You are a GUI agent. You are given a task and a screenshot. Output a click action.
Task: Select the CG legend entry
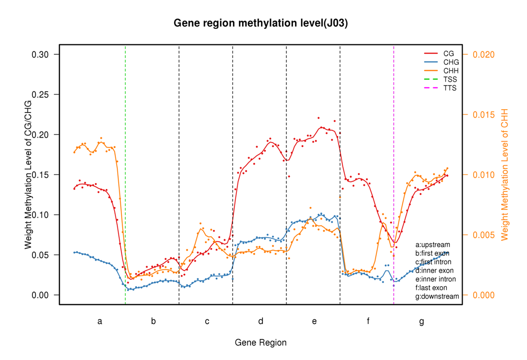tap(448, 53)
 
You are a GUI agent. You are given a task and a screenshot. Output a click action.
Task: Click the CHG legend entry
tap(450, 62)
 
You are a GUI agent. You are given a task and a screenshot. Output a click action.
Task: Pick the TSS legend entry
tap(450, 79)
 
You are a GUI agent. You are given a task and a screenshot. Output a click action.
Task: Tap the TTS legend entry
tap(450, 88)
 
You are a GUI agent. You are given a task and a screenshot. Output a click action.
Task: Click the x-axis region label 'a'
tap(100, 322)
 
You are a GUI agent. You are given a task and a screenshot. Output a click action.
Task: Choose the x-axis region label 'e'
tap(314, 322)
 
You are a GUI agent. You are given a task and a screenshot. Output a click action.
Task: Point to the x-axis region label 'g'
tap(421, 322)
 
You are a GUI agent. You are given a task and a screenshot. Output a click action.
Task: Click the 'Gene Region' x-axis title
tap(261, 343)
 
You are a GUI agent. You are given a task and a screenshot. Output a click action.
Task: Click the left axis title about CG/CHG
tap(28, 175)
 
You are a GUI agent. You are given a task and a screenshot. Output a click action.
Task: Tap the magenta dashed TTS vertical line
tap(394, 150)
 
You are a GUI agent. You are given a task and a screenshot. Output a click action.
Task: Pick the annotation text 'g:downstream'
tap(437, 296)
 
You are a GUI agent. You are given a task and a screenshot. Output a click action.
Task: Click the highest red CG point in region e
tap(318, 118)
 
